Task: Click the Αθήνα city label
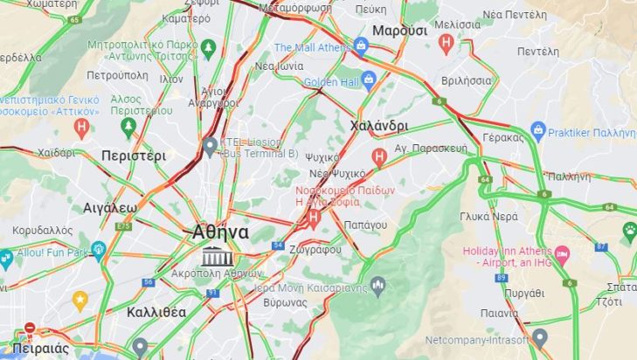[x=220, y=233]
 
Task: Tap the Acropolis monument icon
[x=214, y=257]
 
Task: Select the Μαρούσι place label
[x=399, y=31]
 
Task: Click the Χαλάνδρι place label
[x=378, y=126]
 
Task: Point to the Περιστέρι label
[x=133, y=156]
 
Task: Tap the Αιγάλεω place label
[x=110, y=208]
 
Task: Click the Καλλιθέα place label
[x=156, y=312]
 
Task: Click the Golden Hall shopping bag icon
[x=368, y=81]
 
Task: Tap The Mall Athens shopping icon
[x=362, y=45]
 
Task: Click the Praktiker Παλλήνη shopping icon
[x=538, y=131]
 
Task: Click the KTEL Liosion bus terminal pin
[x=210, y=146]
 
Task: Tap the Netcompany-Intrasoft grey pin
[x=540, y=337]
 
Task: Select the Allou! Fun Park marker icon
[x=98, y=250]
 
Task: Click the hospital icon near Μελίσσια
[x=447, y=41]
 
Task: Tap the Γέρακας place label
[x=502, y=137]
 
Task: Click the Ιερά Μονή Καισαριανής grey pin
[x=377, y=284]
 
